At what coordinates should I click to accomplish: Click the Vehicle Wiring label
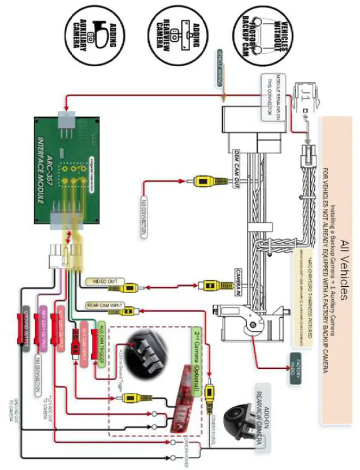pos(220,68)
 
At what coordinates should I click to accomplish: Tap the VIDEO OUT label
pos(103,281)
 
